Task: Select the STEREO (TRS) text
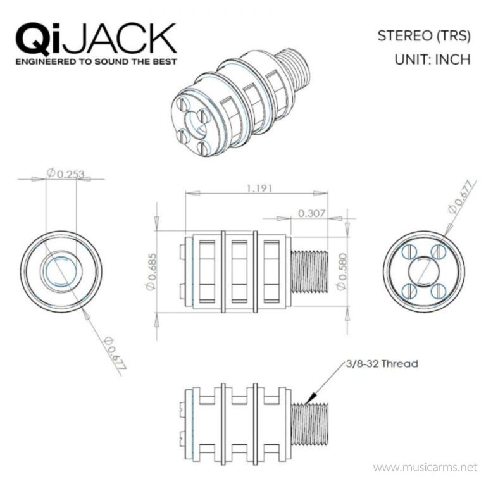tap(423, 35)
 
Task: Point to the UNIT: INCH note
tap(432, 60)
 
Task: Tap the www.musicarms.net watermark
tap(423, 468)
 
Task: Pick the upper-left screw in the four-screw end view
tap(409, 252)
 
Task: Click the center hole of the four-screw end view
tap(423, 272)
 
